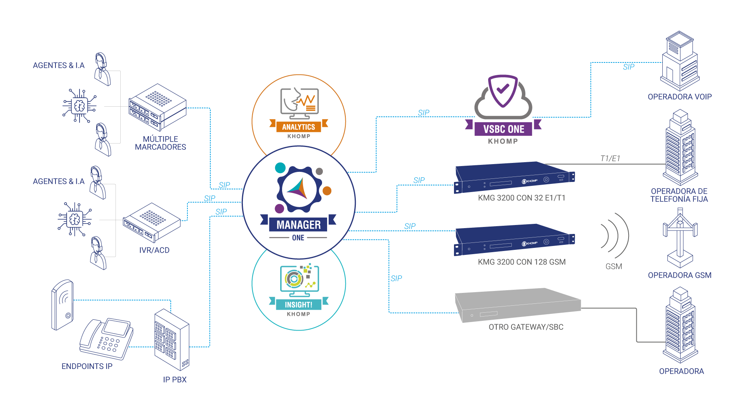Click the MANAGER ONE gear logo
(299, 189)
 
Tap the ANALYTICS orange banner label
(299, 127)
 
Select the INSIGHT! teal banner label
(299, 305)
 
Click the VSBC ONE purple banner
(503, 129)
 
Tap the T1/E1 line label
(610, 158)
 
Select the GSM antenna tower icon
(680, 237)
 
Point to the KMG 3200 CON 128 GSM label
(521, 262)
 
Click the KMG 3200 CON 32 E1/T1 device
(514, 177)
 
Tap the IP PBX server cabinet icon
(172, 339)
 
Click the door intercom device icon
(62, 305)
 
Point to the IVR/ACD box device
(152, 222)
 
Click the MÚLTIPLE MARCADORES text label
(160, 143)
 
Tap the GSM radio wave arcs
(615, 235)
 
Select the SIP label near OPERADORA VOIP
(629, 67)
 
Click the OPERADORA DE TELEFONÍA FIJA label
(679, 195)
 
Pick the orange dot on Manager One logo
(327, 191)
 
